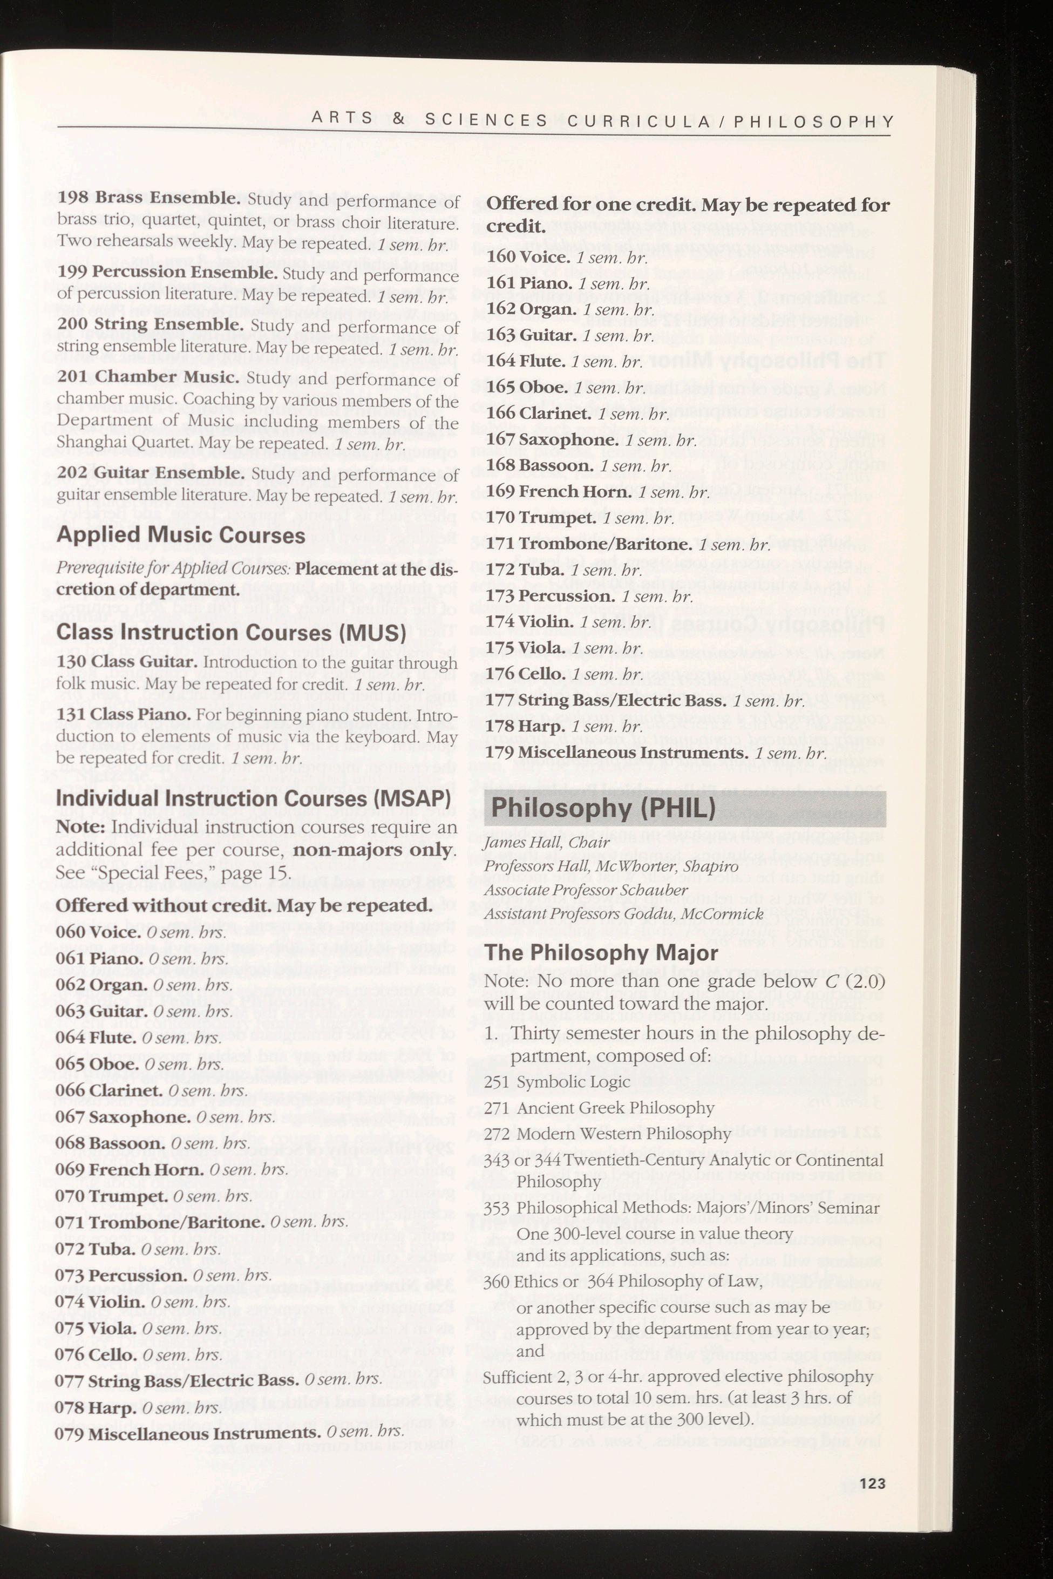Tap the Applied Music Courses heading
[181, 536]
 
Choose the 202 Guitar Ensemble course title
[152, 474]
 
